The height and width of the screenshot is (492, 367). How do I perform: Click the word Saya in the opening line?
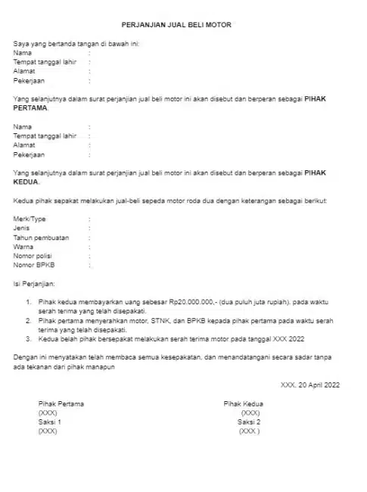coord(20,44)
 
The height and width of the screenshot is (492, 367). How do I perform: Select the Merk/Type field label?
coord(30,218)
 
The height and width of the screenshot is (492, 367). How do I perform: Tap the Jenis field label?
coord(22,228)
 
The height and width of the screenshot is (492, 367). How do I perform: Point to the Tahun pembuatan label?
coord(41,238)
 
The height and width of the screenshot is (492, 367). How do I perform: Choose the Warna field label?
coord(23,247)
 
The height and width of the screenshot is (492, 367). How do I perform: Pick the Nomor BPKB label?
coord(34,266)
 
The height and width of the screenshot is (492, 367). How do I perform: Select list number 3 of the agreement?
coord(29,339)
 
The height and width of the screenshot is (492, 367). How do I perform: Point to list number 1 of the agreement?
coord(29,302)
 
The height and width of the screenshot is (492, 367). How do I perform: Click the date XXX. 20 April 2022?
coord(310,385)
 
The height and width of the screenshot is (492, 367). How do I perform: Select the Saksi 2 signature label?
coord(249,422)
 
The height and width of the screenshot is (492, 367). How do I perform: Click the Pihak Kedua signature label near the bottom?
coord(244,404)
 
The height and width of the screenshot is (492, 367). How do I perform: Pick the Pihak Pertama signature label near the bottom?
coord(61,404)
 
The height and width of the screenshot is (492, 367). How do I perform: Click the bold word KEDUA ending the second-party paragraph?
coord(26,182)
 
